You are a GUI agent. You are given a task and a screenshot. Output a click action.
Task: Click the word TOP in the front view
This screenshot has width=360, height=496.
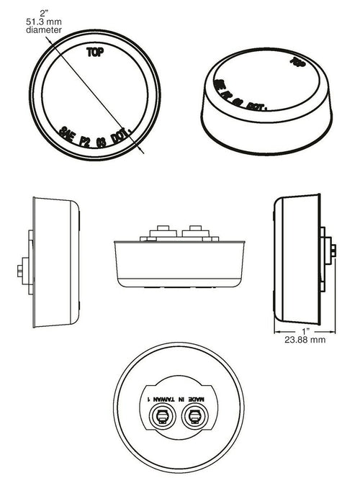(94, 52)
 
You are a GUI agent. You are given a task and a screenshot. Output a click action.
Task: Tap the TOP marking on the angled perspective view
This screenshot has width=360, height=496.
(294, 62)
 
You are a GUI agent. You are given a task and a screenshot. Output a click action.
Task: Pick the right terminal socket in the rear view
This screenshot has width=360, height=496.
(193, 415)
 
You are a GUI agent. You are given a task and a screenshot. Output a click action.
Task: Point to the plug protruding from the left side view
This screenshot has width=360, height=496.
(19, 271)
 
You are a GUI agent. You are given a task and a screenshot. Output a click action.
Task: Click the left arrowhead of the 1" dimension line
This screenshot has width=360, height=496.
(276, 330)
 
